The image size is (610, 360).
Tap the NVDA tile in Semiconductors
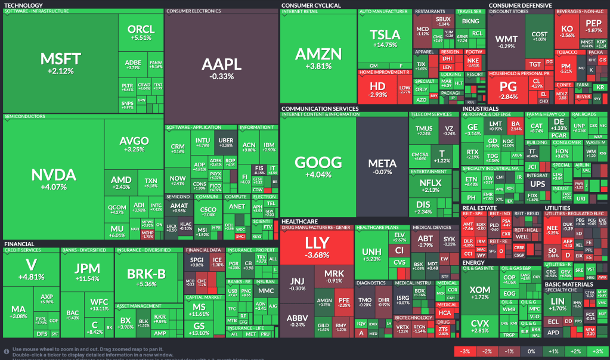(53, 178)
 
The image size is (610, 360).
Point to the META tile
(382, 166)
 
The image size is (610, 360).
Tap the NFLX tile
(426, 186)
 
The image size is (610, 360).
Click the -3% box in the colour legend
(466, 352)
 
